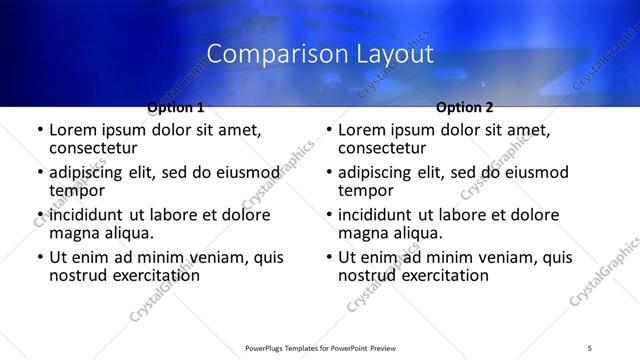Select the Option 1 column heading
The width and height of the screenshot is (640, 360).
tap(176, 107)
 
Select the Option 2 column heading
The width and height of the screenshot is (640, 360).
tap(465, 107)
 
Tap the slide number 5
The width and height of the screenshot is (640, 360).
tap(590, 347)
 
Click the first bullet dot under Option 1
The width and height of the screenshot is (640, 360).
tap(39, 131)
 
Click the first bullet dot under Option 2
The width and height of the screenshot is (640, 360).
tap(328, 131)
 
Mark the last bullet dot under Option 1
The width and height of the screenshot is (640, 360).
tap(39, 257)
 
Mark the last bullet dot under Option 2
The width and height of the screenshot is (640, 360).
tap(328, 257)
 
